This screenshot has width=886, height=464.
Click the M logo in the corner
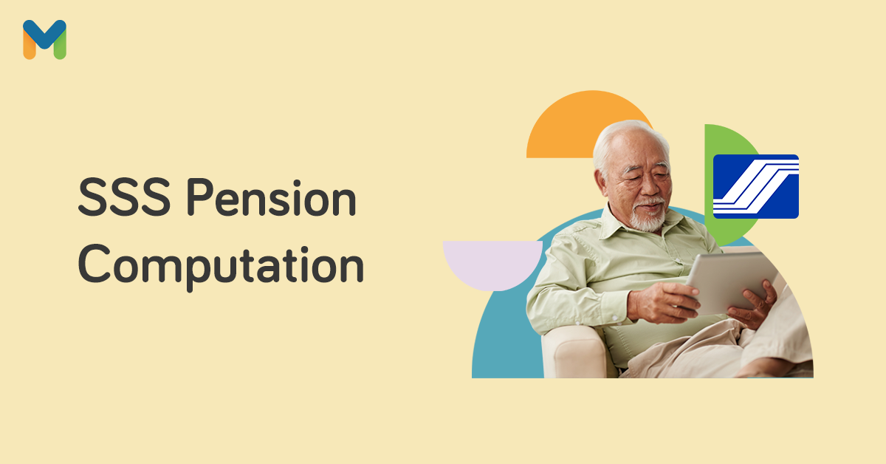pyautogui.click(x=44, y=39)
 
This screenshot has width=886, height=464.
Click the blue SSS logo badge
pyautogui.click(x=755, y=186)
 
